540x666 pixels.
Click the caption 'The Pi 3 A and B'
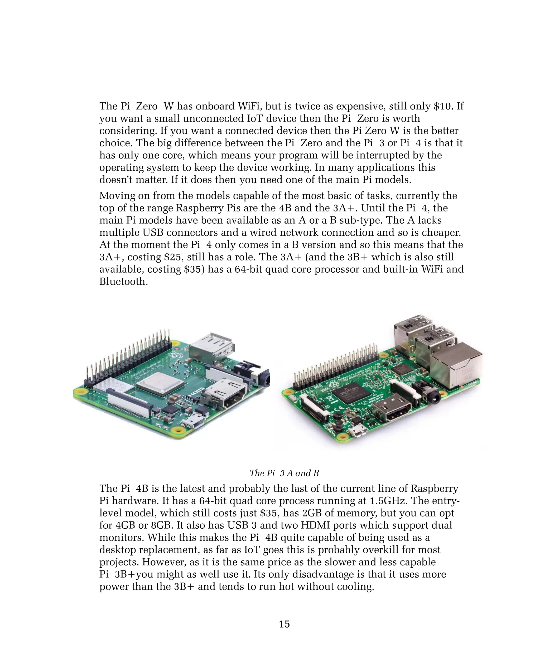[284, 473]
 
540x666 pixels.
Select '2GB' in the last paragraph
[313, 513]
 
